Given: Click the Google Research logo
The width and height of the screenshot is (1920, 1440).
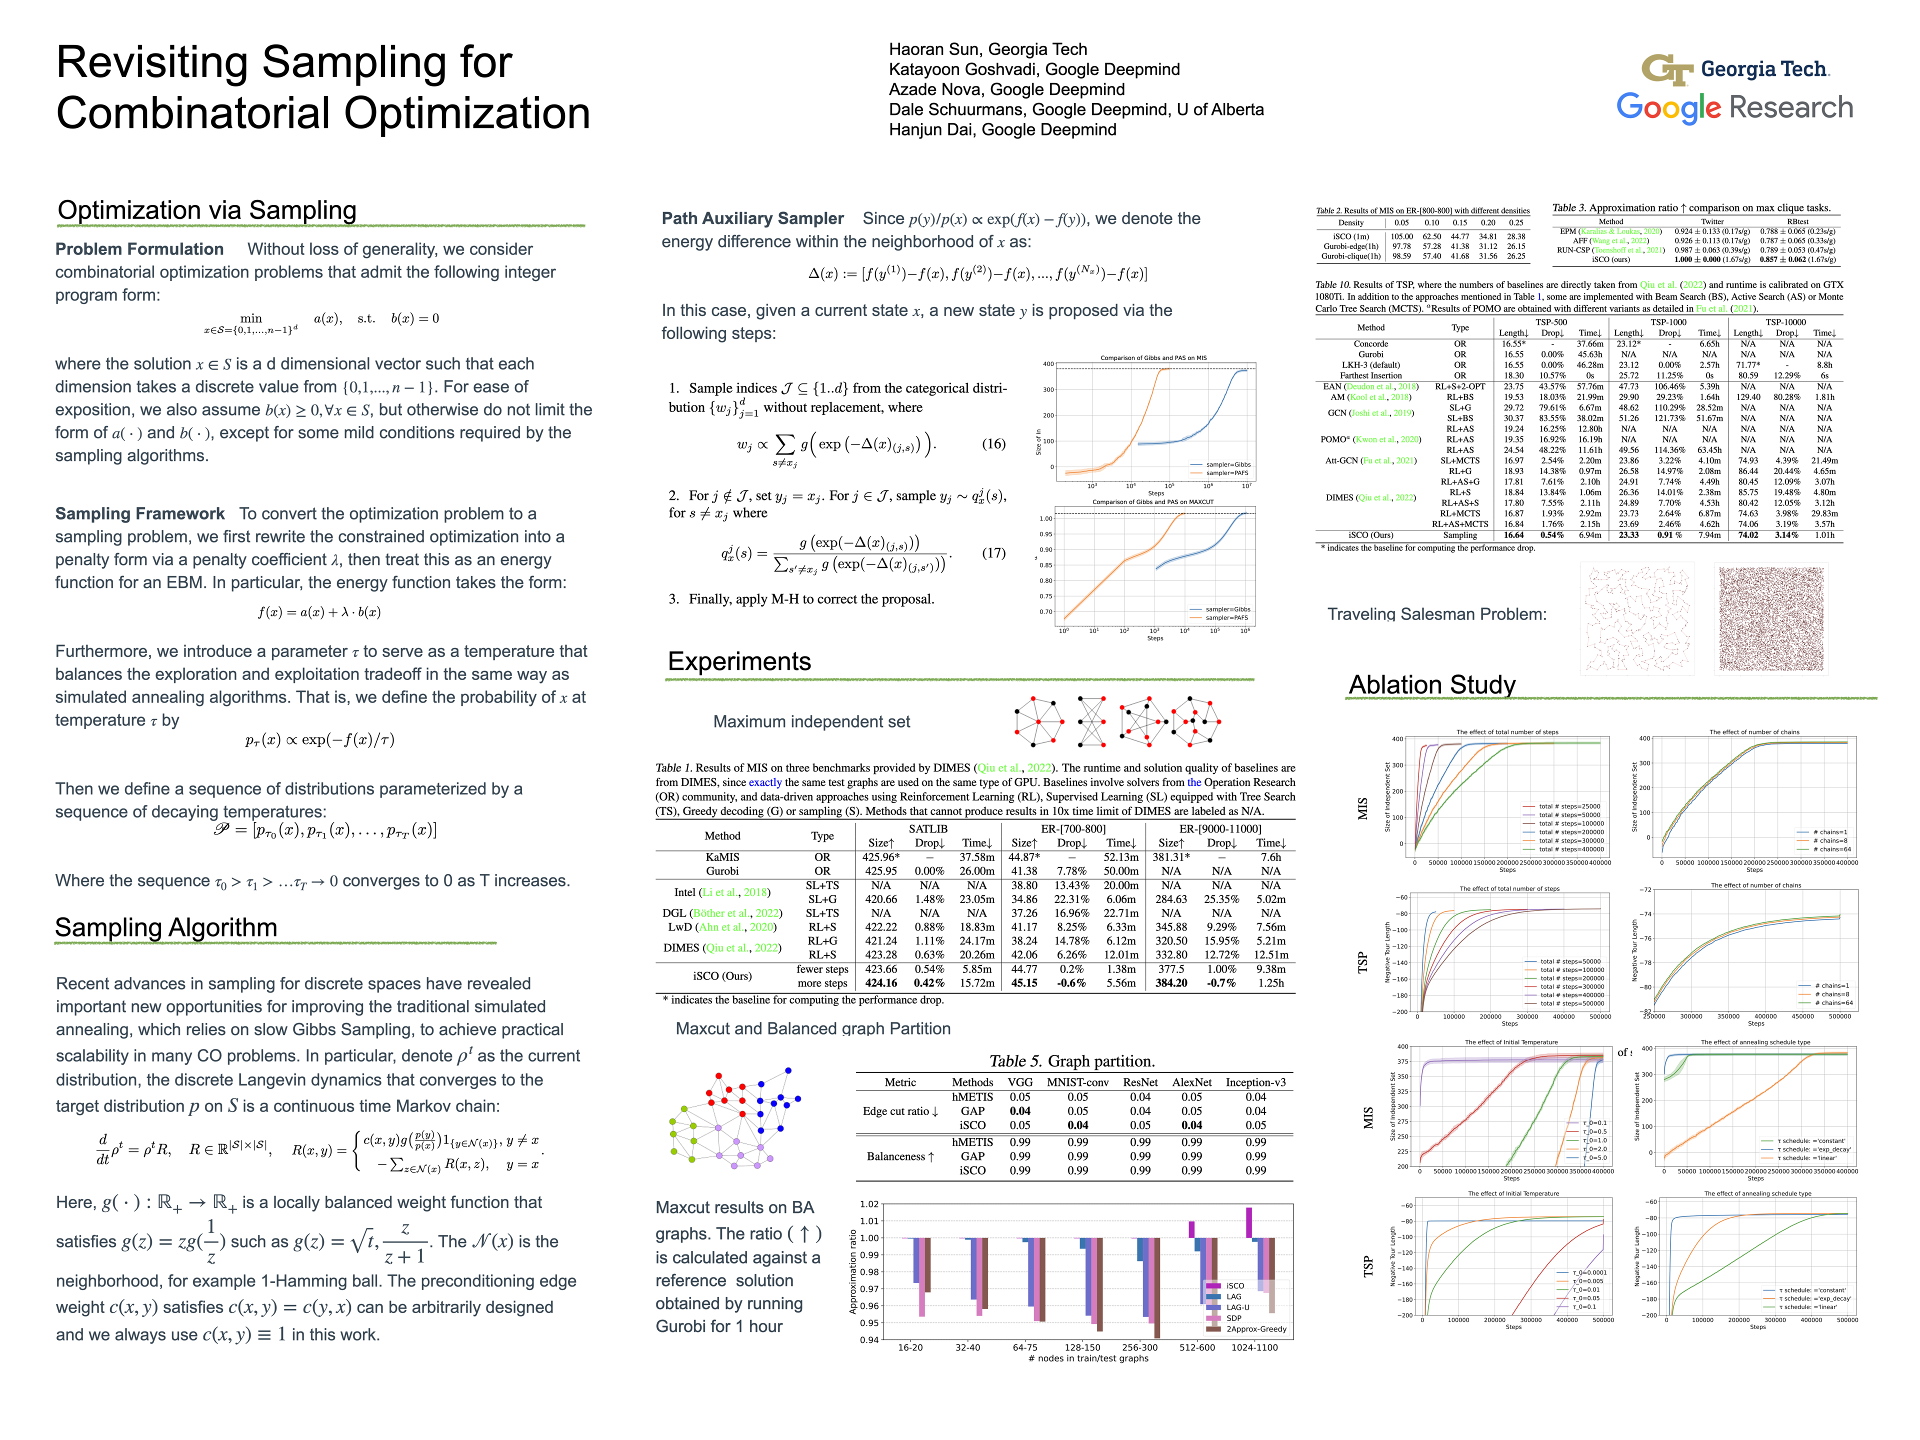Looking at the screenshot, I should pos(1734,107).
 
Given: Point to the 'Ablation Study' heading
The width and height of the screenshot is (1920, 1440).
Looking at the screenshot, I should pos(1431,685).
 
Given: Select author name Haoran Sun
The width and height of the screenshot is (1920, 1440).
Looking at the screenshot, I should pos(988,49).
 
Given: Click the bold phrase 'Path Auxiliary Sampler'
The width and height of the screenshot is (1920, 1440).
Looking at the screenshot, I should pos(752,218).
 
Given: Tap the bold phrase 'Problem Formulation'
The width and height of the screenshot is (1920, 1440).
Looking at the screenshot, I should pos(139,249).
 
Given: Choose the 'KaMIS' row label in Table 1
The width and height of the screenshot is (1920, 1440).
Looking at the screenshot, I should pos(722,856).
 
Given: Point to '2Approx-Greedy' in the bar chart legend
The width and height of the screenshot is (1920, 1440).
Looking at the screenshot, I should pos(1256,1329).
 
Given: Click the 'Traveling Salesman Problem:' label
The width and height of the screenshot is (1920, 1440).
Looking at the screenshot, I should pos(1436,614).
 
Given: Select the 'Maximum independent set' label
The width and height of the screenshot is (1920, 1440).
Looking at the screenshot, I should pos(811,721).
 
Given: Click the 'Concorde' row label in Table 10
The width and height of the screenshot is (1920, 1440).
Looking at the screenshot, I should pos(1370,343).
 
